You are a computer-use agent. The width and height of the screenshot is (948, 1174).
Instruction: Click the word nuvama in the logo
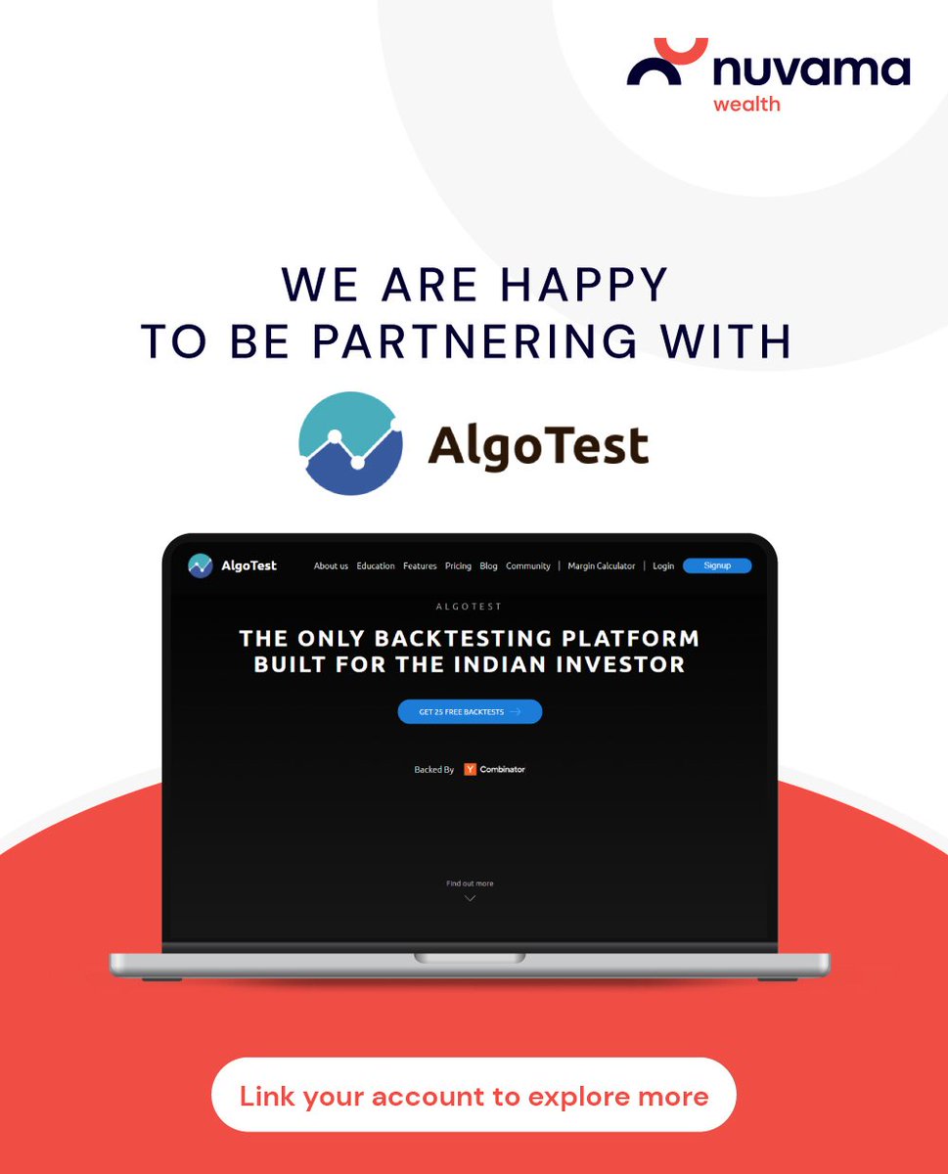(x=811, y=70)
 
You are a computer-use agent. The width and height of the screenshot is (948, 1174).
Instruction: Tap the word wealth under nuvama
(x=746, y=103)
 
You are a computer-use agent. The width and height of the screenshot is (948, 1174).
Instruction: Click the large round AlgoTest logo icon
(x=350, y=443)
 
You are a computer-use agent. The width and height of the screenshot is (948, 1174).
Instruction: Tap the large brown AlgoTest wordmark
(x=538, y=446)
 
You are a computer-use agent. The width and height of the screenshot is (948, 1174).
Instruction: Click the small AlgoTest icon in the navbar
(x=201, y=565)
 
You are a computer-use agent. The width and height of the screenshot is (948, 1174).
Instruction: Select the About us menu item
(x=331, y=566)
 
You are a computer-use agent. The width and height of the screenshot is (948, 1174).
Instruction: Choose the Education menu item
(x=376, y=566)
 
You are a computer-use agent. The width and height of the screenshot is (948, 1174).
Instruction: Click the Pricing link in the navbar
(x=458, y=566)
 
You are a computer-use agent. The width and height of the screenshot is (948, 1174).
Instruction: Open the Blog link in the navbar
(x=488, y=566)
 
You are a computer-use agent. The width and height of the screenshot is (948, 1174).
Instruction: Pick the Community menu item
(x=528, y=566)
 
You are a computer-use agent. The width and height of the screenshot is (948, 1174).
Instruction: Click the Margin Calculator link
(x=601, y=566)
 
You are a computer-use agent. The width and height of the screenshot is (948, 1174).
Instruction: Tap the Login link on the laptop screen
(x=663, y=566)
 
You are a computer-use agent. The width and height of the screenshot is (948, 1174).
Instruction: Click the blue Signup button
(x=717, y=565)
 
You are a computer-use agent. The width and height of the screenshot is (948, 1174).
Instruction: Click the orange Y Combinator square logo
(x=470, y=770)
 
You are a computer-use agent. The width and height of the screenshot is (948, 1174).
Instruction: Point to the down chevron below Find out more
(x=470, y=898)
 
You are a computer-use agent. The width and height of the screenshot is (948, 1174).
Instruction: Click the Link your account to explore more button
(x=474, y=1096)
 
